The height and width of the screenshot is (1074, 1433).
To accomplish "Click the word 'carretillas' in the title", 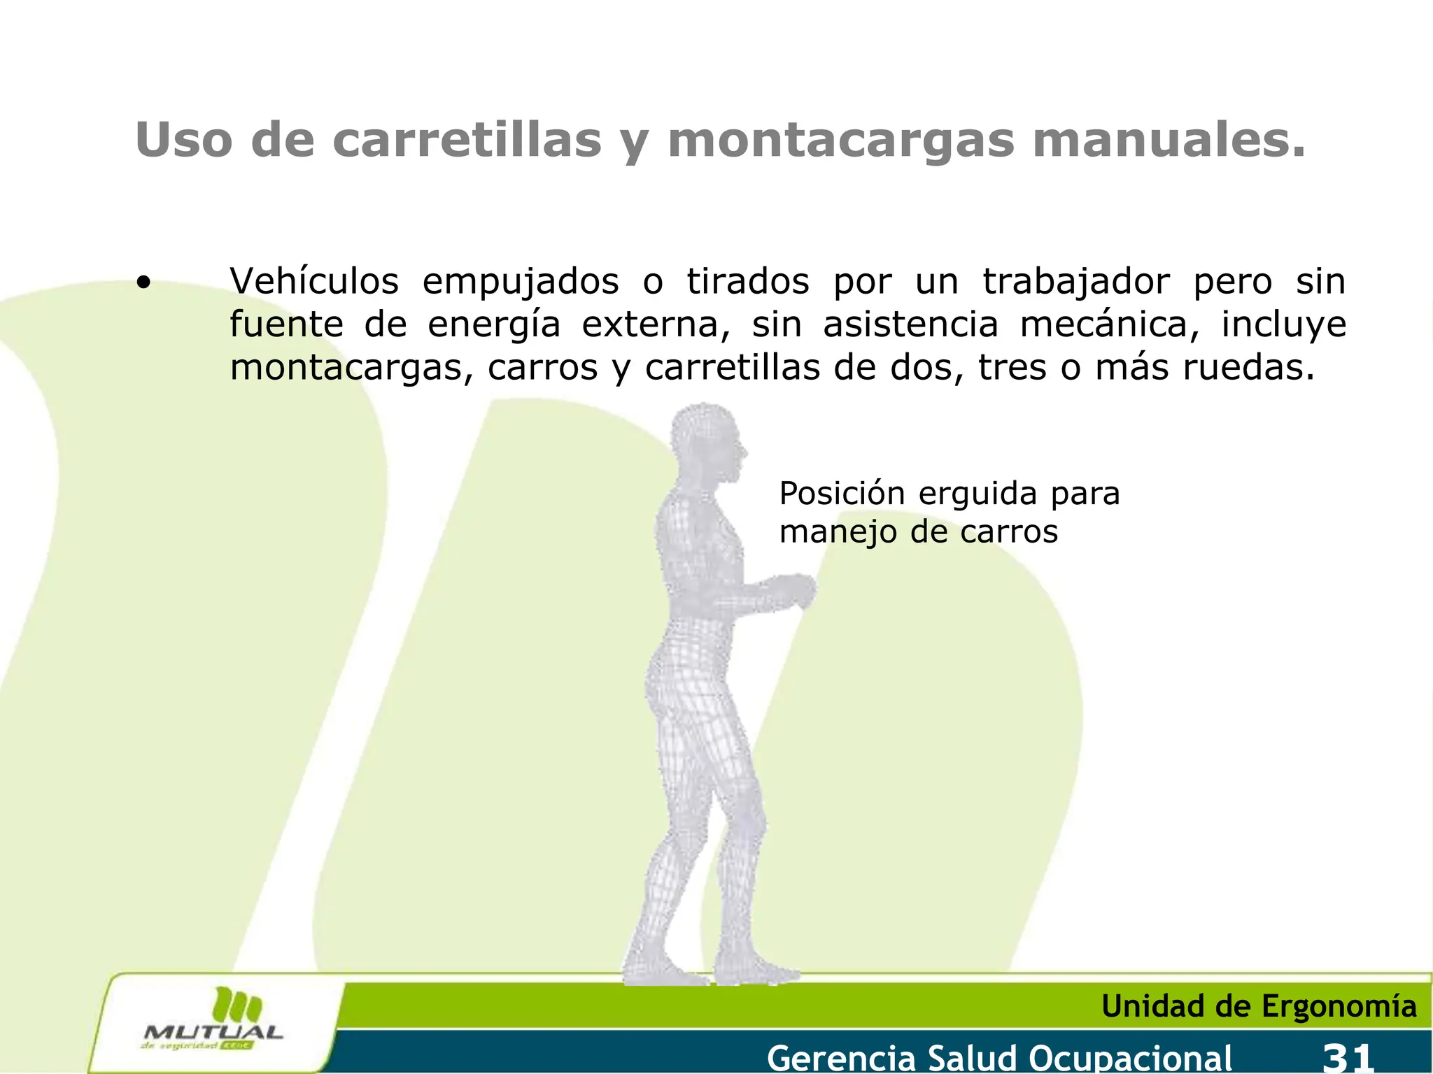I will [467, 141].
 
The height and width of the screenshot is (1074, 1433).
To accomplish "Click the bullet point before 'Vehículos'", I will [143, 283].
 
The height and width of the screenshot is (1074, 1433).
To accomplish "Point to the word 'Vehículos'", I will [314, 282].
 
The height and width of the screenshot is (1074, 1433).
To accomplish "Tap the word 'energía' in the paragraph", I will [494, 326].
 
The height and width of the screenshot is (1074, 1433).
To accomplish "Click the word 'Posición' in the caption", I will [842, 494].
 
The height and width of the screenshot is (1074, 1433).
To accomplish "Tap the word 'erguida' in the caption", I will [977, 494].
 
